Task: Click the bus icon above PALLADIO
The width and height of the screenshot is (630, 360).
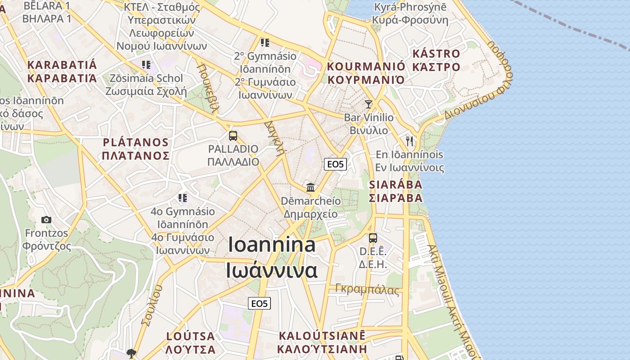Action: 233,135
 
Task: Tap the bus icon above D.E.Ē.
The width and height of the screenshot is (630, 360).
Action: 373,238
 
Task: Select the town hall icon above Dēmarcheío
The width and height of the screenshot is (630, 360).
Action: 310,187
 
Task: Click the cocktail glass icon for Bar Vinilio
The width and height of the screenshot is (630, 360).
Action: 369,104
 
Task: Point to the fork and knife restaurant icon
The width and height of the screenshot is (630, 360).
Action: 409,141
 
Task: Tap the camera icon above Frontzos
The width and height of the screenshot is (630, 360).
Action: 46,220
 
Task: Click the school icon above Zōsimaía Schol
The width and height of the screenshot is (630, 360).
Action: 146,65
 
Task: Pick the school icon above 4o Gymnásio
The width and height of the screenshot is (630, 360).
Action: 182,198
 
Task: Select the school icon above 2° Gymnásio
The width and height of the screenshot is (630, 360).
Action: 265,43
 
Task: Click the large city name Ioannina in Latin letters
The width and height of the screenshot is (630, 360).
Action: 271,244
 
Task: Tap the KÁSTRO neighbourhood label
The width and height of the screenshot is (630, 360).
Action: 436,54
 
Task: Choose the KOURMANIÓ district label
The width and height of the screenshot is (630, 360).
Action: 365,67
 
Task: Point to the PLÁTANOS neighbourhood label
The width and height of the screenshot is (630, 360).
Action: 135,143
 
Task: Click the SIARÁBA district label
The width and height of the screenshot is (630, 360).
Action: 396,184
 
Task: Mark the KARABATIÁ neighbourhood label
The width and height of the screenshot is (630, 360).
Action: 62,65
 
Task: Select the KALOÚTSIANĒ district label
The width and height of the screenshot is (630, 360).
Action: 322,336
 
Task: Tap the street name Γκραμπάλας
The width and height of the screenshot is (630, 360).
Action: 367,290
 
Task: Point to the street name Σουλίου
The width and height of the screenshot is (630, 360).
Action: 151,305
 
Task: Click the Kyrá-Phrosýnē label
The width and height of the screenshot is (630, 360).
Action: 410,7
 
